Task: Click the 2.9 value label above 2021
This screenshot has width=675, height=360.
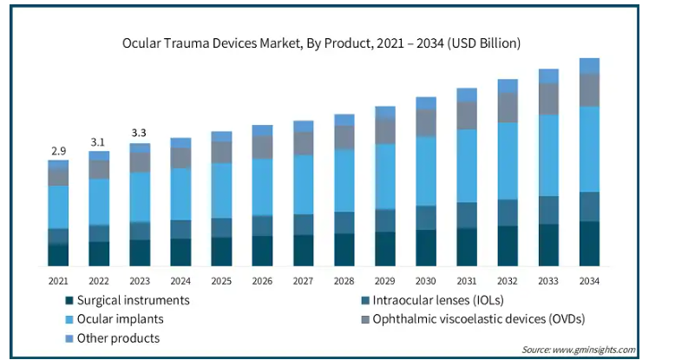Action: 58,150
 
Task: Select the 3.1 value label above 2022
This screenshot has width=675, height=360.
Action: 99,142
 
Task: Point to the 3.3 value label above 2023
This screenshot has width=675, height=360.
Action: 140,133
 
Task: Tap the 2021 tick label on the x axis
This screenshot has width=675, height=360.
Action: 58,281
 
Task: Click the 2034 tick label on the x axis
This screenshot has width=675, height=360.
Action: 589,281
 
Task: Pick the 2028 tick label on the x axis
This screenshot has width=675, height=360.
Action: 344,281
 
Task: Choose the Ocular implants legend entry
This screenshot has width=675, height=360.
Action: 114,319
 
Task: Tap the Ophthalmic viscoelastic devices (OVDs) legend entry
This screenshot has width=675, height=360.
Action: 472,319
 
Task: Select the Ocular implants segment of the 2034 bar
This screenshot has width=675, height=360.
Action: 589,148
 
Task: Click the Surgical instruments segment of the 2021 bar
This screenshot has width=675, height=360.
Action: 58,255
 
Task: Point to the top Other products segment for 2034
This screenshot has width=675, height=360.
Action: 589,66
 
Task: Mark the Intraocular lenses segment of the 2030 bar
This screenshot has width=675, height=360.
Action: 426,218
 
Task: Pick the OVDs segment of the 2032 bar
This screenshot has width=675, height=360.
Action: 508,107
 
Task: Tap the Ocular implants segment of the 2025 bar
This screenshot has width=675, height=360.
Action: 222,191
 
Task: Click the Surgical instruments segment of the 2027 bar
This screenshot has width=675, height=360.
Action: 304,250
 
